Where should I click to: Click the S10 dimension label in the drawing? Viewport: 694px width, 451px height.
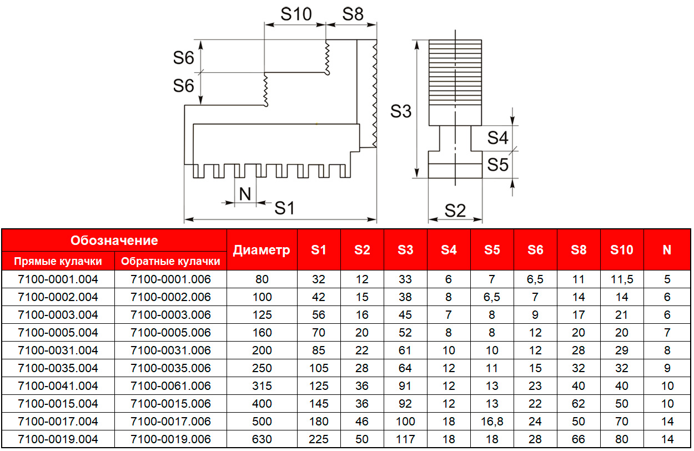pyautogui.click(x=296, y=14)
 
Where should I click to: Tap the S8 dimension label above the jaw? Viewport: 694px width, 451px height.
pyautogui.click(x=353, y=14)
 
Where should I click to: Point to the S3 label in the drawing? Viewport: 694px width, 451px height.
pyautogui.click(x=400, y=111)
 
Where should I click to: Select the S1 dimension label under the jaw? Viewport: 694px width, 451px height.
pyautogui.click(x=284, y=208)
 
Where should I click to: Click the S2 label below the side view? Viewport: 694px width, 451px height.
pyautogui.click(x=455, y=211)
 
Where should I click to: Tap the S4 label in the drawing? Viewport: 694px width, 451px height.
pyautogui.click(x=498, y=137)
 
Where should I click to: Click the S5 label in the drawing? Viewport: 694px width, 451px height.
pyautogui.click(x=498, y=164)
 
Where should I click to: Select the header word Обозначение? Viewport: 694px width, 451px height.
pyautogui.click(x=114, y=240)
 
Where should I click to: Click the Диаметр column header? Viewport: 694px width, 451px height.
pyautogui.click(x=261, y=250)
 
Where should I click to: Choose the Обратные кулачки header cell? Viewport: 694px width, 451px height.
pyautogui.click(x=170, y=261)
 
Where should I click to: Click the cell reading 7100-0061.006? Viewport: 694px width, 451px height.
pyautogui.click(x=170, y=385)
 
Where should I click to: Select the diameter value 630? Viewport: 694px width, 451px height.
pyautogui.click(x=261, y=439)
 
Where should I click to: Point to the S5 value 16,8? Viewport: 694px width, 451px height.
pyautogui.click(x=492, y=422)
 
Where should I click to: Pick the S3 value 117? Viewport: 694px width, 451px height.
pyautogui.click(x=405, y=439)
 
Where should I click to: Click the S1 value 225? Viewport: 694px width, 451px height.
pyautogui.click(x=319, y=439)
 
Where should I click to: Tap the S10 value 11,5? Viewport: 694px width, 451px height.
pyautogui.click(x=622, y=279)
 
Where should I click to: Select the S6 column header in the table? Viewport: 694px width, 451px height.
pyautogui.click(x=535, y=250)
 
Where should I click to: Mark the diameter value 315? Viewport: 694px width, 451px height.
pyautogui.click(x=261, y=385)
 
